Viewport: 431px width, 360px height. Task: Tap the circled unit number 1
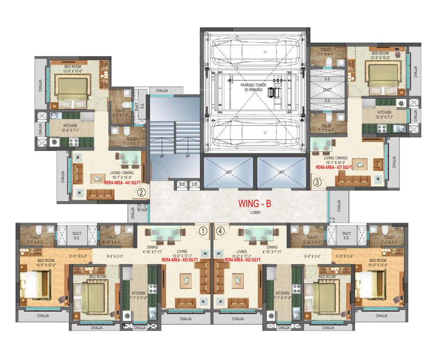coord(203,231)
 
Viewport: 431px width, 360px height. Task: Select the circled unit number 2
coord(140,191)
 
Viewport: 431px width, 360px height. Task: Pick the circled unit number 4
coord(220,231)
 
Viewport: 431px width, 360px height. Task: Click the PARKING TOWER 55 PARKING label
coord(254,87)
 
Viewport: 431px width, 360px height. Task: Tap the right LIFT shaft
coord(281,172)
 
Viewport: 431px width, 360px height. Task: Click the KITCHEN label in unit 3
coord(385,112)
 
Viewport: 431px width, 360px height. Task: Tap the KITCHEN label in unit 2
coord(61,126)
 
